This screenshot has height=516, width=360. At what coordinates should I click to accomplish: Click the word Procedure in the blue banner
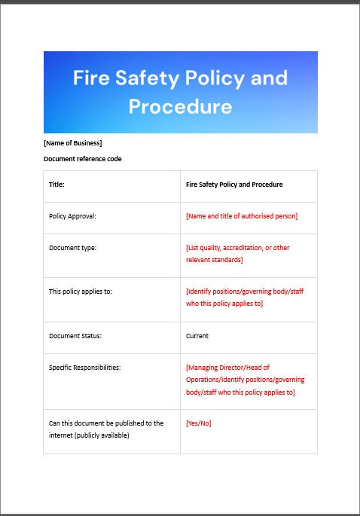tap(180, 106)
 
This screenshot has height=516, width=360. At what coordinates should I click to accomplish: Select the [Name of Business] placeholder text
tap(72, 143)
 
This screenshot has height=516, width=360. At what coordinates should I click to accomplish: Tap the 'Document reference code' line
tap(82, 159)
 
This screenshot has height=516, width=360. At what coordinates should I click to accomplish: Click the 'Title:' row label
tap(56, 184)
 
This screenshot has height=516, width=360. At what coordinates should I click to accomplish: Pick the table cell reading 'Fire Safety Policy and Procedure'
tap(234, 184)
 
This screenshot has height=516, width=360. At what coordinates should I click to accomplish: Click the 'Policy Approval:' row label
tap(72, 216)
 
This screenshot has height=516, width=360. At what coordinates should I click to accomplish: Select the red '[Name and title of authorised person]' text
tap(241, 216)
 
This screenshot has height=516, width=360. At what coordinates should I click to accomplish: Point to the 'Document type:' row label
tap(72, 248)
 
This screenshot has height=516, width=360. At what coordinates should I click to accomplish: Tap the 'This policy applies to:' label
tap(81, 292)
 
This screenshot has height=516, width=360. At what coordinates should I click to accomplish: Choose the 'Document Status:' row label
tap(75, 336)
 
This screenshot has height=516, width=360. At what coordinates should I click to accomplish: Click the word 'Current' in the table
tap(197, 336)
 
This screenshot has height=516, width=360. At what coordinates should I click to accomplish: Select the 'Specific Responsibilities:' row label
tap(84, 368)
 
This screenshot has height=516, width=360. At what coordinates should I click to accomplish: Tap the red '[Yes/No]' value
tap(198, 423)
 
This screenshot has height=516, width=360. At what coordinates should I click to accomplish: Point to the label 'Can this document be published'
tap(105, 423)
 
